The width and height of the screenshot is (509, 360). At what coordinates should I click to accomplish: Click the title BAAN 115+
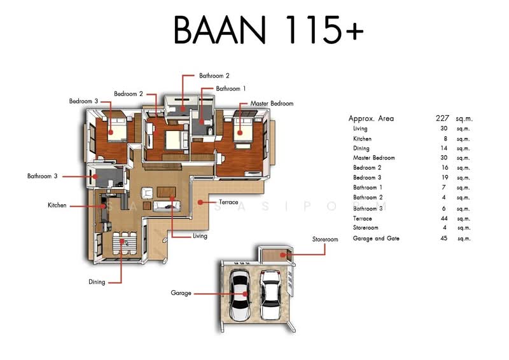268,30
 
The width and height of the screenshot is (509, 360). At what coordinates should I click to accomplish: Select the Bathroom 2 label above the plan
214,75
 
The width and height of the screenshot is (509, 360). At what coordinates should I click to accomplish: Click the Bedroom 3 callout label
83,101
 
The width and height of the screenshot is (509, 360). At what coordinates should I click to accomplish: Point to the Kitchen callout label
57,205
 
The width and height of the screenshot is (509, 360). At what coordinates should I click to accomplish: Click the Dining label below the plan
97,282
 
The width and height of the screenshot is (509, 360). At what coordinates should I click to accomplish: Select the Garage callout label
181,293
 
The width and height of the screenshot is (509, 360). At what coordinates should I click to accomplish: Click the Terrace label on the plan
228,202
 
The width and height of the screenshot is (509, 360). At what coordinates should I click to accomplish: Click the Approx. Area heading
371,118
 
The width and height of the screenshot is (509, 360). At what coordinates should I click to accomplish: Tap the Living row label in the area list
360,128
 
